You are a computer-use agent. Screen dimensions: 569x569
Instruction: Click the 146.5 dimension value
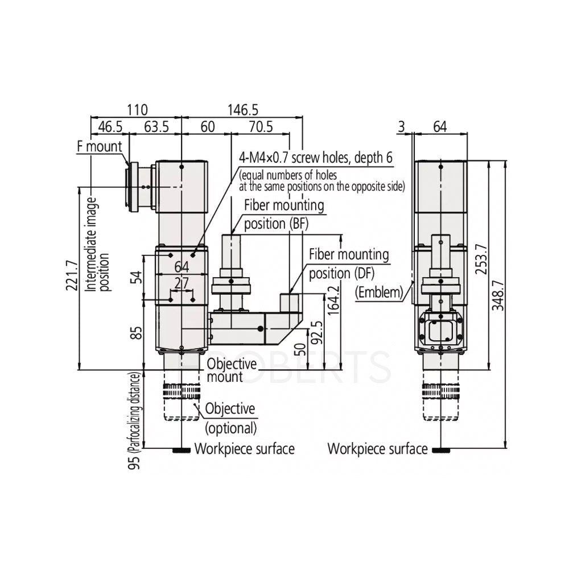click(x=242, y=109)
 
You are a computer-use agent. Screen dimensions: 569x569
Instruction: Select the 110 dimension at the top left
click(x=137, y=109)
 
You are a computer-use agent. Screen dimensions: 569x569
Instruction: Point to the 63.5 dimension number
click(x=155, y=127)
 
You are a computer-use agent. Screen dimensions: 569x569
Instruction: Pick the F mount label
click(x=100, y=146)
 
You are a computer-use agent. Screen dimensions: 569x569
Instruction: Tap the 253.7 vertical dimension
click(x=481, y=258)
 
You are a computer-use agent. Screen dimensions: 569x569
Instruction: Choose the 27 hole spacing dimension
click(x=182, y=283)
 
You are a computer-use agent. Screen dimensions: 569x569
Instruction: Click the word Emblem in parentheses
click(x=378, y=292)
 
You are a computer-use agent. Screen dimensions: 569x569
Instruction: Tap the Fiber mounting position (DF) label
click(x=348, y=263)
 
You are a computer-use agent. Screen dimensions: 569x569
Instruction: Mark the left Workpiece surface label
click(x=244, y=449)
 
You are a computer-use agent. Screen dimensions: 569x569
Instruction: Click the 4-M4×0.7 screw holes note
click(x=315, y=157)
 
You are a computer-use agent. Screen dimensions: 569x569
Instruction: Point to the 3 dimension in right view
click(x=402, y=127)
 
